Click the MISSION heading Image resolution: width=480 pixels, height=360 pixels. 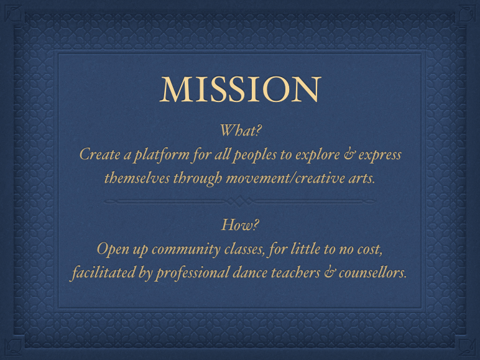tap(240, 89)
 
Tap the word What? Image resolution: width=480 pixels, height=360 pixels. tap(240, 131)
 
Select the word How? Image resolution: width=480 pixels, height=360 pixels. tap(240, 225)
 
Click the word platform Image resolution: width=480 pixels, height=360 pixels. tap(162, 155)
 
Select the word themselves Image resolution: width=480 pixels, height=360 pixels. tap(137, 178)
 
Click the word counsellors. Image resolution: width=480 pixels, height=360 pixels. tap(372, 272)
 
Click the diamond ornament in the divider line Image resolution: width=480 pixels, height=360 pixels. tap(240, 201)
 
